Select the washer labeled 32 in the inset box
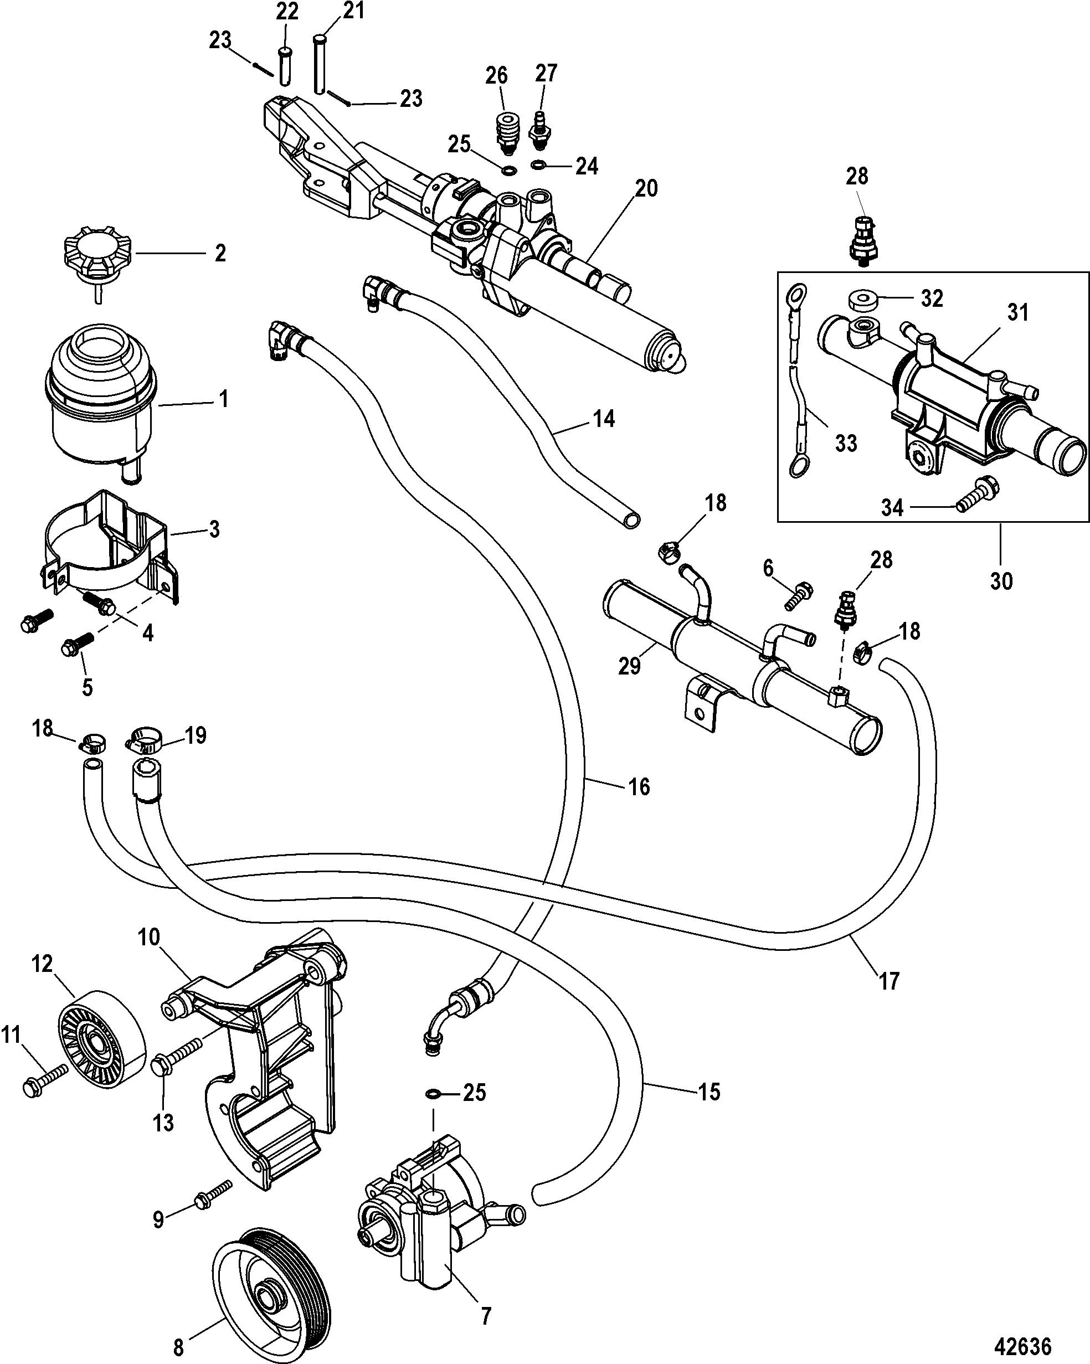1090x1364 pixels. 862,299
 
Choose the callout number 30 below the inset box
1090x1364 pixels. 1001,580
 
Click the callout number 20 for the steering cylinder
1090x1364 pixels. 646,188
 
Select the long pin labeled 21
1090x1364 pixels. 320,63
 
